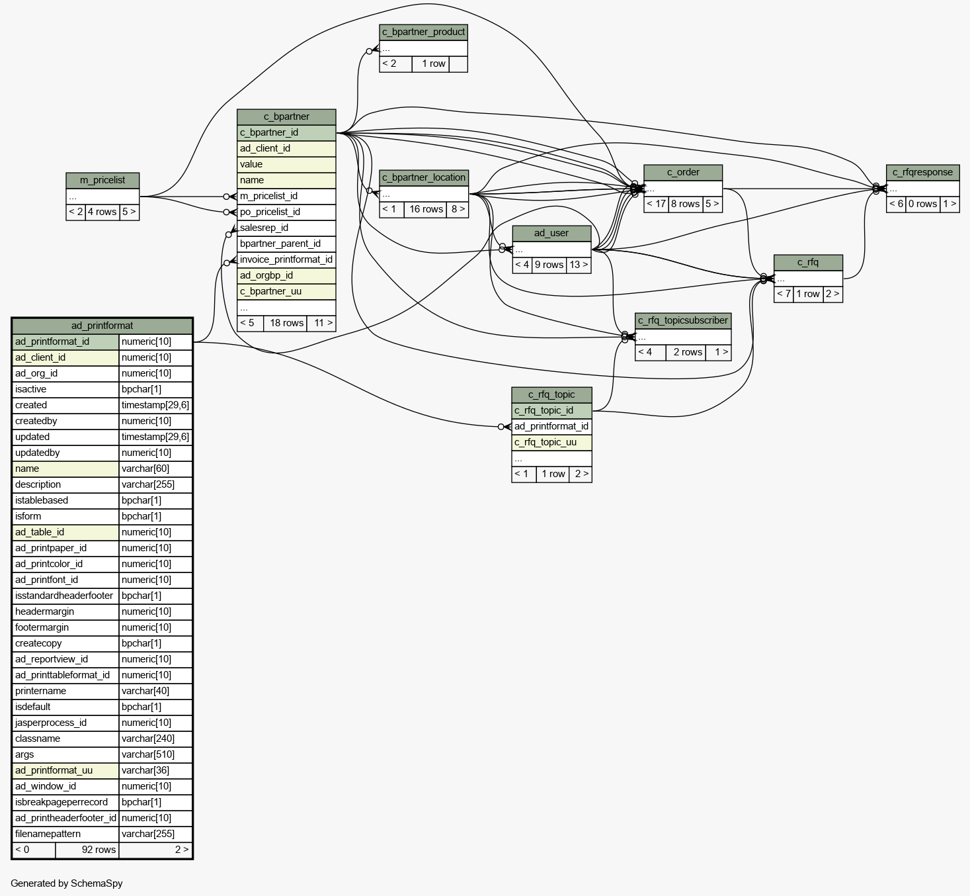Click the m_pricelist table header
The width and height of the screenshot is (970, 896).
(x=102, y=181)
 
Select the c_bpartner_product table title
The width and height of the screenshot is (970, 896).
(x=423, y=32)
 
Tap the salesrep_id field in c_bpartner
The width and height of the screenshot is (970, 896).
(x=286, y=228)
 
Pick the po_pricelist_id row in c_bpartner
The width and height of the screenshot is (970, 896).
(x=286, y=212)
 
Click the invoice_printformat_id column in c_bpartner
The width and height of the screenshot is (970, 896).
(x=286, y=259)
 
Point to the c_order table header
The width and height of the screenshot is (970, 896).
(x=683, y=173)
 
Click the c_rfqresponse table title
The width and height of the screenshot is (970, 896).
(x=922, y=173)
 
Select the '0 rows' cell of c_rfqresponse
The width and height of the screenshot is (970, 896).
(x=922, y=204)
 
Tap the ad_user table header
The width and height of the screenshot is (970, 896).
(x=551, y=233)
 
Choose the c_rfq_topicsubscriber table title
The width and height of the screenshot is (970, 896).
(x=683, y=321)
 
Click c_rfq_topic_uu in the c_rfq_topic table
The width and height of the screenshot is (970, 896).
(x=551, y=443)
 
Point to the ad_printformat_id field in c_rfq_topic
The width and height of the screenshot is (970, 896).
(x=551, y=426)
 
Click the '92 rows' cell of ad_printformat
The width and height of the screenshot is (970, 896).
(x=87, y=850)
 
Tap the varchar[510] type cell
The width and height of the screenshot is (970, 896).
(x=155, y=755)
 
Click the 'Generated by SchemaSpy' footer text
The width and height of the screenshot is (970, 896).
(x=66, y=883)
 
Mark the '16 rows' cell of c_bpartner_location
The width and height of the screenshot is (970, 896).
(x=425, y=209)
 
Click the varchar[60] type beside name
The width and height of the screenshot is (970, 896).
(x=155, y=469)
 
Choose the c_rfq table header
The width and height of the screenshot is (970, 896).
(x=808, y=263)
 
